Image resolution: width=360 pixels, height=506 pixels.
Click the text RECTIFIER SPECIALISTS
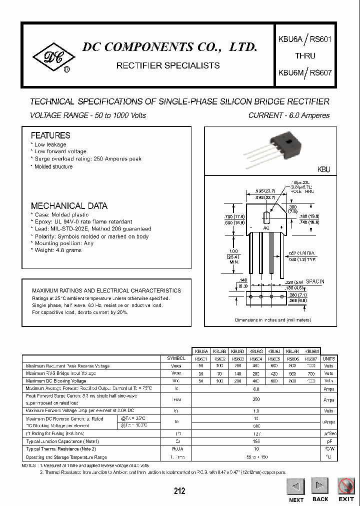point(167,65)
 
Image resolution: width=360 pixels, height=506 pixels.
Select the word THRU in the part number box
point(305,55)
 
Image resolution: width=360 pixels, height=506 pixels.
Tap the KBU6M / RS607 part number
point(305,72)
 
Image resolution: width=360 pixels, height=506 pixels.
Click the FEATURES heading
point(50,135)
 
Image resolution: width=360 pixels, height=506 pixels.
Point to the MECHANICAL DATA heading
point(69,206)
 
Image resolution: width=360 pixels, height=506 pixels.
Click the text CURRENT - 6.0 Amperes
point(289,115)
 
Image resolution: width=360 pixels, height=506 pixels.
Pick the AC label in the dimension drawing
point(266,227)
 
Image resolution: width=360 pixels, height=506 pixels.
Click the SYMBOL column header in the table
point(176,359)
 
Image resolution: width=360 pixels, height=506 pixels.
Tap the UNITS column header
point(328,359)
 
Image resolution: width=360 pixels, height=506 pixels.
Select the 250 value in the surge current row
point(256,399)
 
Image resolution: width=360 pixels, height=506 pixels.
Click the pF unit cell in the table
point(328,441)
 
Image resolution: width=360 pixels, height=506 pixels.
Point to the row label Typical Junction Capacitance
point(62,441)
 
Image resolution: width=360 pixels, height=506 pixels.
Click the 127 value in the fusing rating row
point(256,434)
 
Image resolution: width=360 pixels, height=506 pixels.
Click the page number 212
point(179,491)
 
